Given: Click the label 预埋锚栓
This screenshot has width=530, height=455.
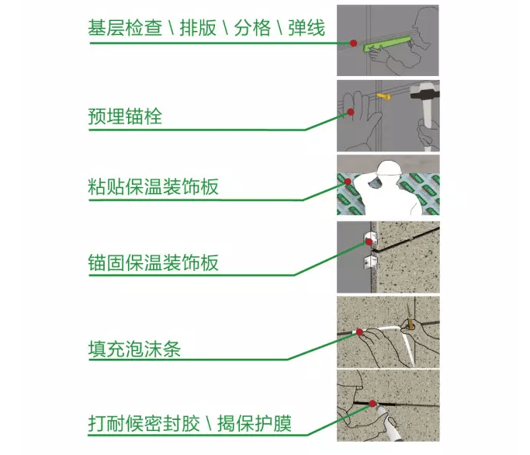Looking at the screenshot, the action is click(x=125, y=116).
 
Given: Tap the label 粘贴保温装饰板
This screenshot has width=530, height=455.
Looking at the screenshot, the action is click(x=153, y=186).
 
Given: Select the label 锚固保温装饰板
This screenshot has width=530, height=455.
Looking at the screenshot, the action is click(x=153, y=262).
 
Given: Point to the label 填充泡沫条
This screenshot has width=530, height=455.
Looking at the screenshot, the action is click(x=134, y=349).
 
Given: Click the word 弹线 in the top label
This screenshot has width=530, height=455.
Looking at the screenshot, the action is click(x=307, y=28).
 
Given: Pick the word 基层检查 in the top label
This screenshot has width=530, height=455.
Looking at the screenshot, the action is click(x=125, y=28).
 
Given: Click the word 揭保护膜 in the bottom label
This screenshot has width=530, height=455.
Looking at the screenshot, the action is click(x=255, y=423).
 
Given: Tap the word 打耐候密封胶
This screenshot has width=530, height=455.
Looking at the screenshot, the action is click(x=144, y=423).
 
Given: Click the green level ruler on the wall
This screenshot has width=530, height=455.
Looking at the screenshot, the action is click(x=388, y=43).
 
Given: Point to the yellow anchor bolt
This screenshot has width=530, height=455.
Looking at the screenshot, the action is click(x=383, y=97).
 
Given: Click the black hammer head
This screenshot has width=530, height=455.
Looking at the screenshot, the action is click(x=424, y=92).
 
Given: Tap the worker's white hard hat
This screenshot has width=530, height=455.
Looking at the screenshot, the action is click(x=389, y=168).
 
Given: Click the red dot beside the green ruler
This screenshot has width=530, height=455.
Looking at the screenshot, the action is click(x=354, y=43).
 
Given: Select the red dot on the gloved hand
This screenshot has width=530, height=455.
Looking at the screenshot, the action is click(x=351, y=112).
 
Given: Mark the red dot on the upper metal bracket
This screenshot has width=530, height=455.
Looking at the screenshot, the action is click(x=369, y=241).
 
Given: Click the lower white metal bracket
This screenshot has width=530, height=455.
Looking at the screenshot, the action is click(x=370, y=262).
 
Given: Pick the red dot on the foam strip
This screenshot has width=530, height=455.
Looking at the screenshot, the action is click(x=359, y=332).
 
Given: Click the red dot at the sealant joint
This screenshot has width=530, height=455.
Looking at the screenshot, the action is click(x=372, y=404).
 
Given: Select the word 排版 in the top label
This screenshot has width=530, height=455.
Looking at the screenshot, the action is click(x=198, y=28).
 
